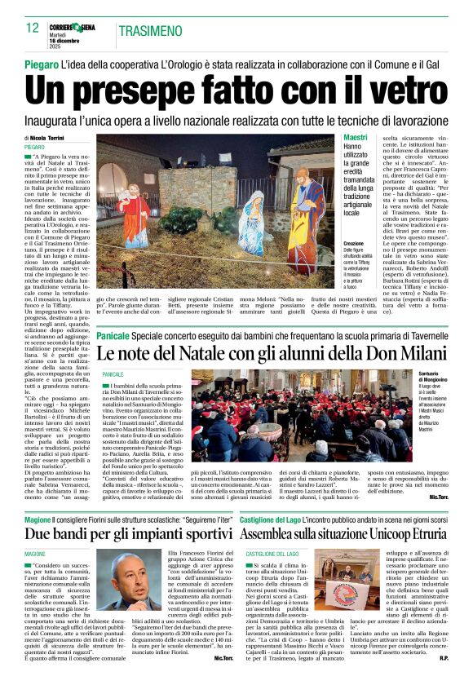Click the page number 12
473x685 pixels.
(x=32, y=28)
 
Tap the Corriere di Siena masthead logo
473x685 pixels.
(x=77, y=27)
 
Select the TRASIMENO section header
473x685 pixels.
(x=150, y=31)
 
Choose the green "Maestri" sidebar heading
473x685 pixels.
(x=356, y=137)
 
